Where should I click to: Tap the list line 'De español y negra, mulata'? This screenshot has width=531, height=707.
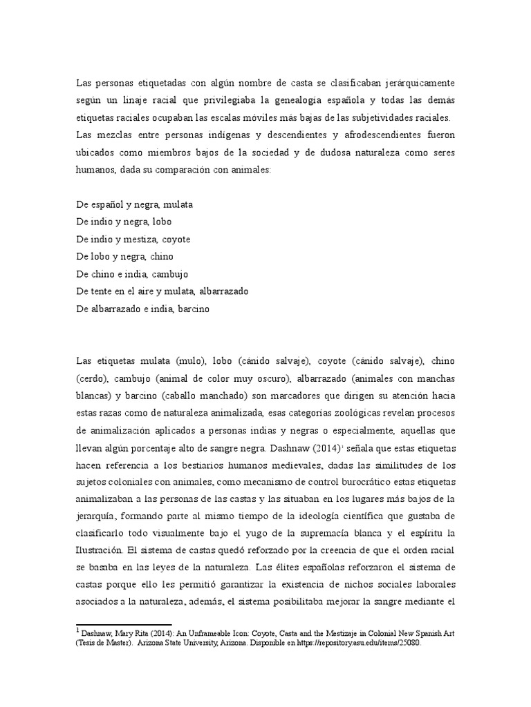click(135, 204)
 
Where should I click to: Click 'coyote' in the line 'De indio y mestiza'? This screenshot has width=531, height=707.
click(176, 239)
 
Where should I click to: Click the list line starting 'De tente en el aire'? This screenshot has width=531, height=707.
click(162, 291)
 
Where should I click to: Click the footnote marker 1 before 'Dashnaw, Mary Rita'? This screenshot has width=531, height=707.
click(78, 630)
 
